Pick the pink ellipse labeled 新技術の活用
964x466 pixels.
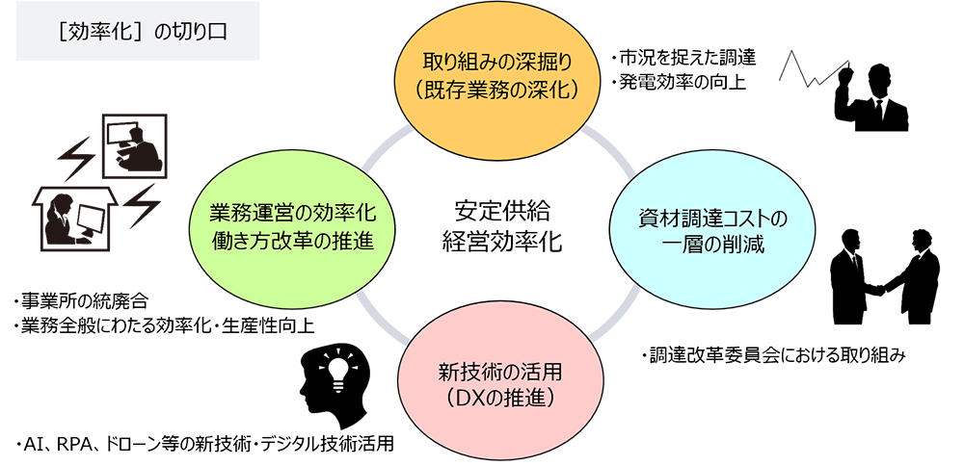[498, 382]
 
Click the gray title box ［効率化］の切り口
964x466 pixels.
[137, 31]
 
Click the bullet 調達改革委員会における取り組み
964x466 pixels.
[771, 356]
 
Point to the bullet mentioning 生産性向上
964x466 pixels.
[163, 324]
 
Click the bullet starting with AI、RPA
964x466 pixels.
[202, 443]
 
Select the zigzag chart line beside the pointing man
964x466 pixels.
[814, 68]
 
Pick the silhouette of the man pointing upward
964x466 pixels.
[870, 96]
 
